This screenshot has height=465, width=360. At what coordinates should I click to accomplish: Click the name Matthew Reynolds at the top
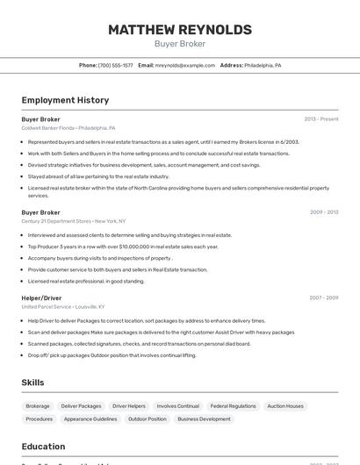point(180,30)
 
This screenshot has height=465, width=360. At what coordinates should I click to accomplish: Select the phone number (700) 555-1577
point(116,65)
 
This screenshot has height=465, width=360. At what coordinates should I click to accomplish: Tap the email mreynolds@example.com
point(185,65)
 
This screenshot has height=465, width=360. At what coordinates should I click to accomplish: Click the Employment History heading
point(65,100)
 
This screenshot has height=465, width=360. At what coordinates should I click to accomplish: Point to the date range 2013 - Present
point(321,119)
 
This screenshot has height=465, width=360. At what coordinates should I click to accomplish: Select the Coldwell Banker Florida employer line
point(68,128)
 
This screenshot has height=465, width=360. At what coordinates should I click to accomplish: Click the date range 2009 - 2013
point(324,212)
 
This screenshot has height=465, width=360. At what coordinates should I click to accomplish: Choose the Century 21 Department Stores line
point(74,221)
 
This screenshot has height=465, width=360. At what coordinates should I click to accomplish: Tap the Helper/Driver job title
point(41,297)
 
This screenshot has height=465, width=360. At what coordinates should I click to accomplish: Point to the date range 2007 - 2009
point(324,297)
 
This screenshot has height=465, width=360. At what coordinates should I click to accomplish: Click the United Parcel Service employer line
point(63,307)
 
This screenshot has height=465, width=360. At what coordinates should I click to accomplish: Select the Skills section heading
point(33,383)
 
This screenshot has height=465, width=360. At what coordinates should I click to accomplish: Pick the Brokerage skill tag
point(38,406)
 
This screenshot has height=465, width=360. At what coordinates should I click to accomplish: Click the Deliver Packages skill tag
point(81,406)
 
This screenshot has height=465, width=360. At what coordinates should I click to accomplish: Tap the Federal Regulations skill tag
point(234,406)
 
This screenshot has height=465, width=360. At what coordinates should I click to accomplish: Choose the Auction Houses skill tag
point(285,406)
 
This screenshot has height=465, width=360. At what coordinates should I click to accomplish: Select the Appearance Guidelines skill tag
point(90,419)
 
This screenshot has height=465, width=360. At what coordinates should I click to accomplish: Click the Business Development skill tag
point(204,419)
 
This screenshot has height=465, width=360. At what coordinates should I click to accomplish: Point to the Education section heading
point(43,446)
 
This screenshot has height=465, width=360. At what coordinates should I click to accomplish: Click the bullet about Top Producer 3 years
point(123,247)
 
